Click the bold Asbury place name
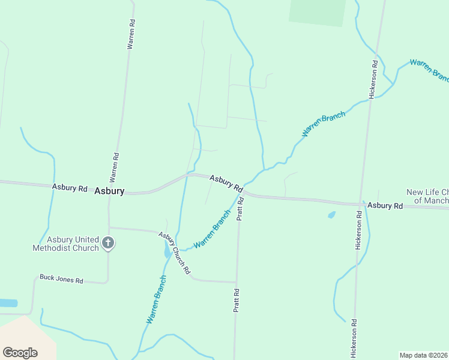coord(109,191)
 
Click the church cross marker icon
coord(108,243)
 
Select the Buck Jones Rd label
coord(61,279)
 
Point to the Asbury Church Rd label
coord(174,252)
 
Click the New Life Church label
coord(427,196)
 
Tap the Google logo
coord(20,352)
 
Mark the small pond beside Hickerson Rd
coord(331,214)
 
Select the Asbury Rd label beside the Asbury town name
coord(70,188)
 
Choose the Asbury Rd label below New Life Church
coord(385,205)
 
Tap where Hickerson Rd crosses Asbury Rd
coord(362,204)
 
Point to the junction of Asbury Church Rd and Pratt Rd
coord(236,282)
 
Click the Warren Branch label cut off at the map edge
coord(429,70)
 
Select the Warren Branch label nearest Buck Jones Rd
coord(155,300)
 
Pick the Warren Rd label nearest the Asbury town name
coord(114,167)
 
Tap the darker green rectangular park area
coord(317,12)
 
